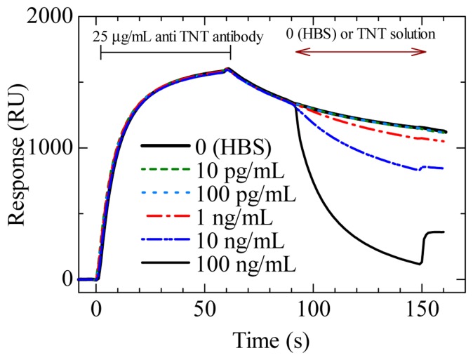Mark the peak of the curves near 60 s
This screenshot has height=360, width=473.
click(227, 69)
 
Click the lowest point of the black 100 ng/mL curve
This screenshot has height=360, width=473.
click(420, 264)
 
